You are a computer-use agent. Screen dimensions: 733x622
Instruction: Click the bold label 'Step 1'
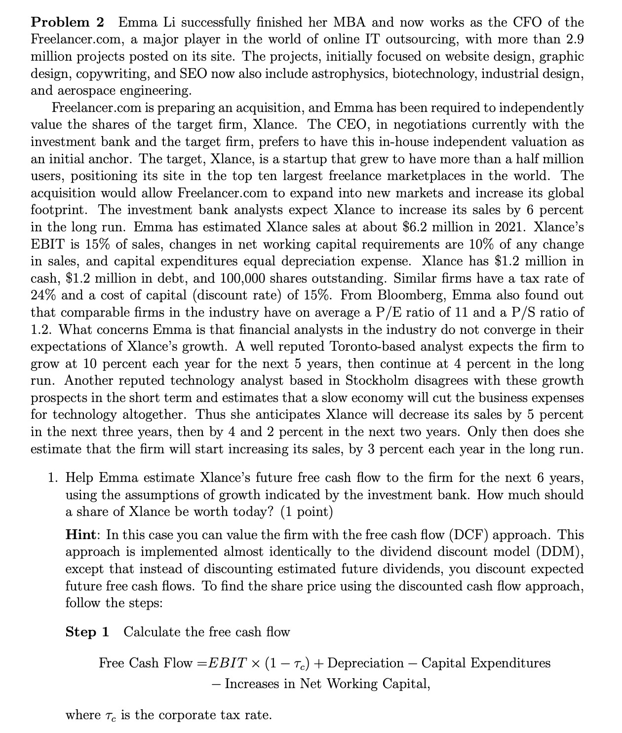[87, 632]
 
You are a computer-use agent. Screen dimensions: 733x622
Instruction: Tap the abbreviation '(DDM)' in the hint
[563, 552]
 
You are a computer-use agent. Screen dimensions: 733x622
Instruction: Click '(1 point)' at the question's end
[307, 512]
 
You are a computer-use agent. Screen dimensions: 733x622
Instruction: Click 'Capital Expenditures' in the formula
[486, 663]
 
